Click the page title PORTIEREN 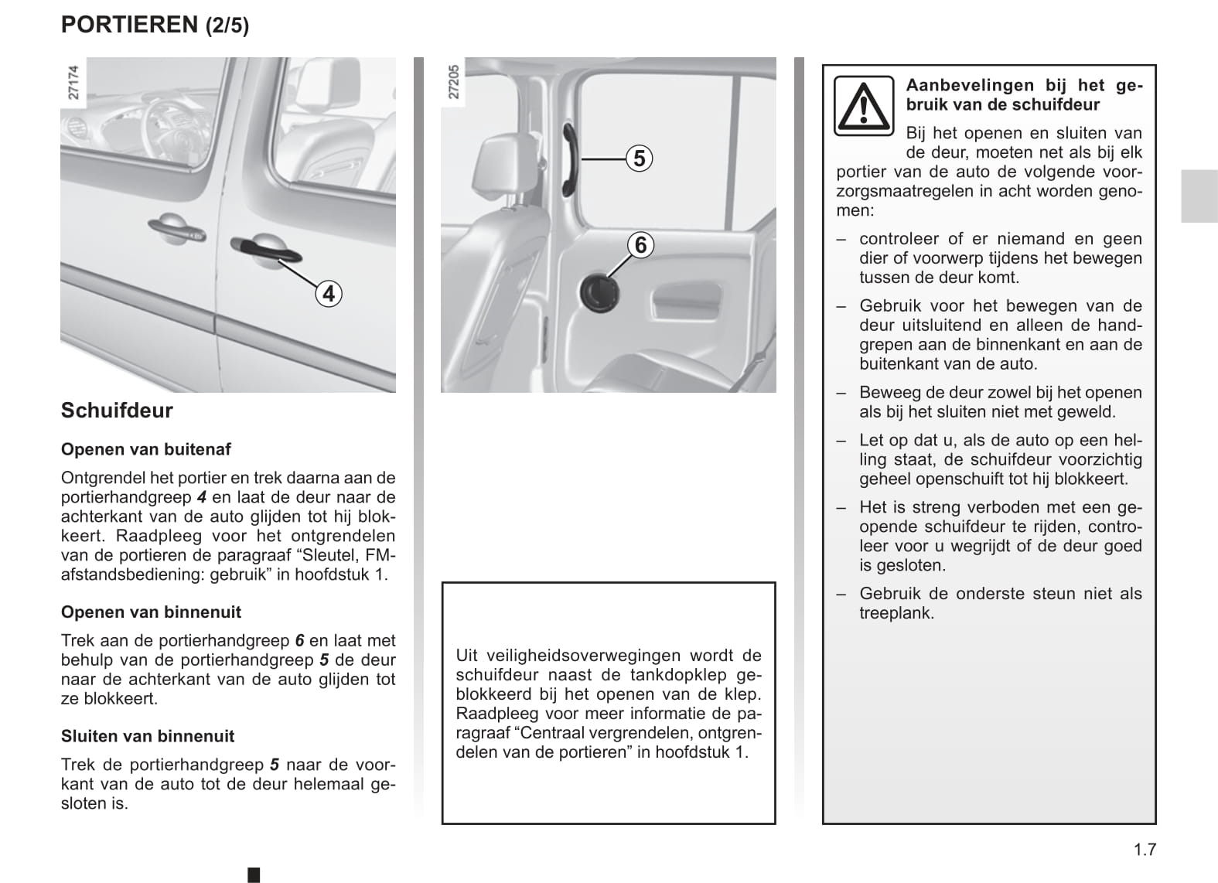click(129, 25)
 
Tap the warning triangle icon click(863, 105)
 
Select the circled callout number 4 click(329, 294)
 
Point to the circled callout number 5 click(639, 159)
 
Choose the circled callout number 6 click(640, 245)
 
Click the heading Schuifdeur click(117, 410)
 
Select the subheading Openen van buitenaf click(145, 449)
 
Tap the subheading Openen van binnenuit click(151, 612)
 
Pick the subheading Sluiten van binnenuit click(147, 736)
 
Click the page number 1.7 click(1145, 850)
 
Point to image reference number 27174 click(73, 83)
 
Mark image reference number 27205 click(454, 81)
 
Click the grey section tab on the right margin click(1199, 196)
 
